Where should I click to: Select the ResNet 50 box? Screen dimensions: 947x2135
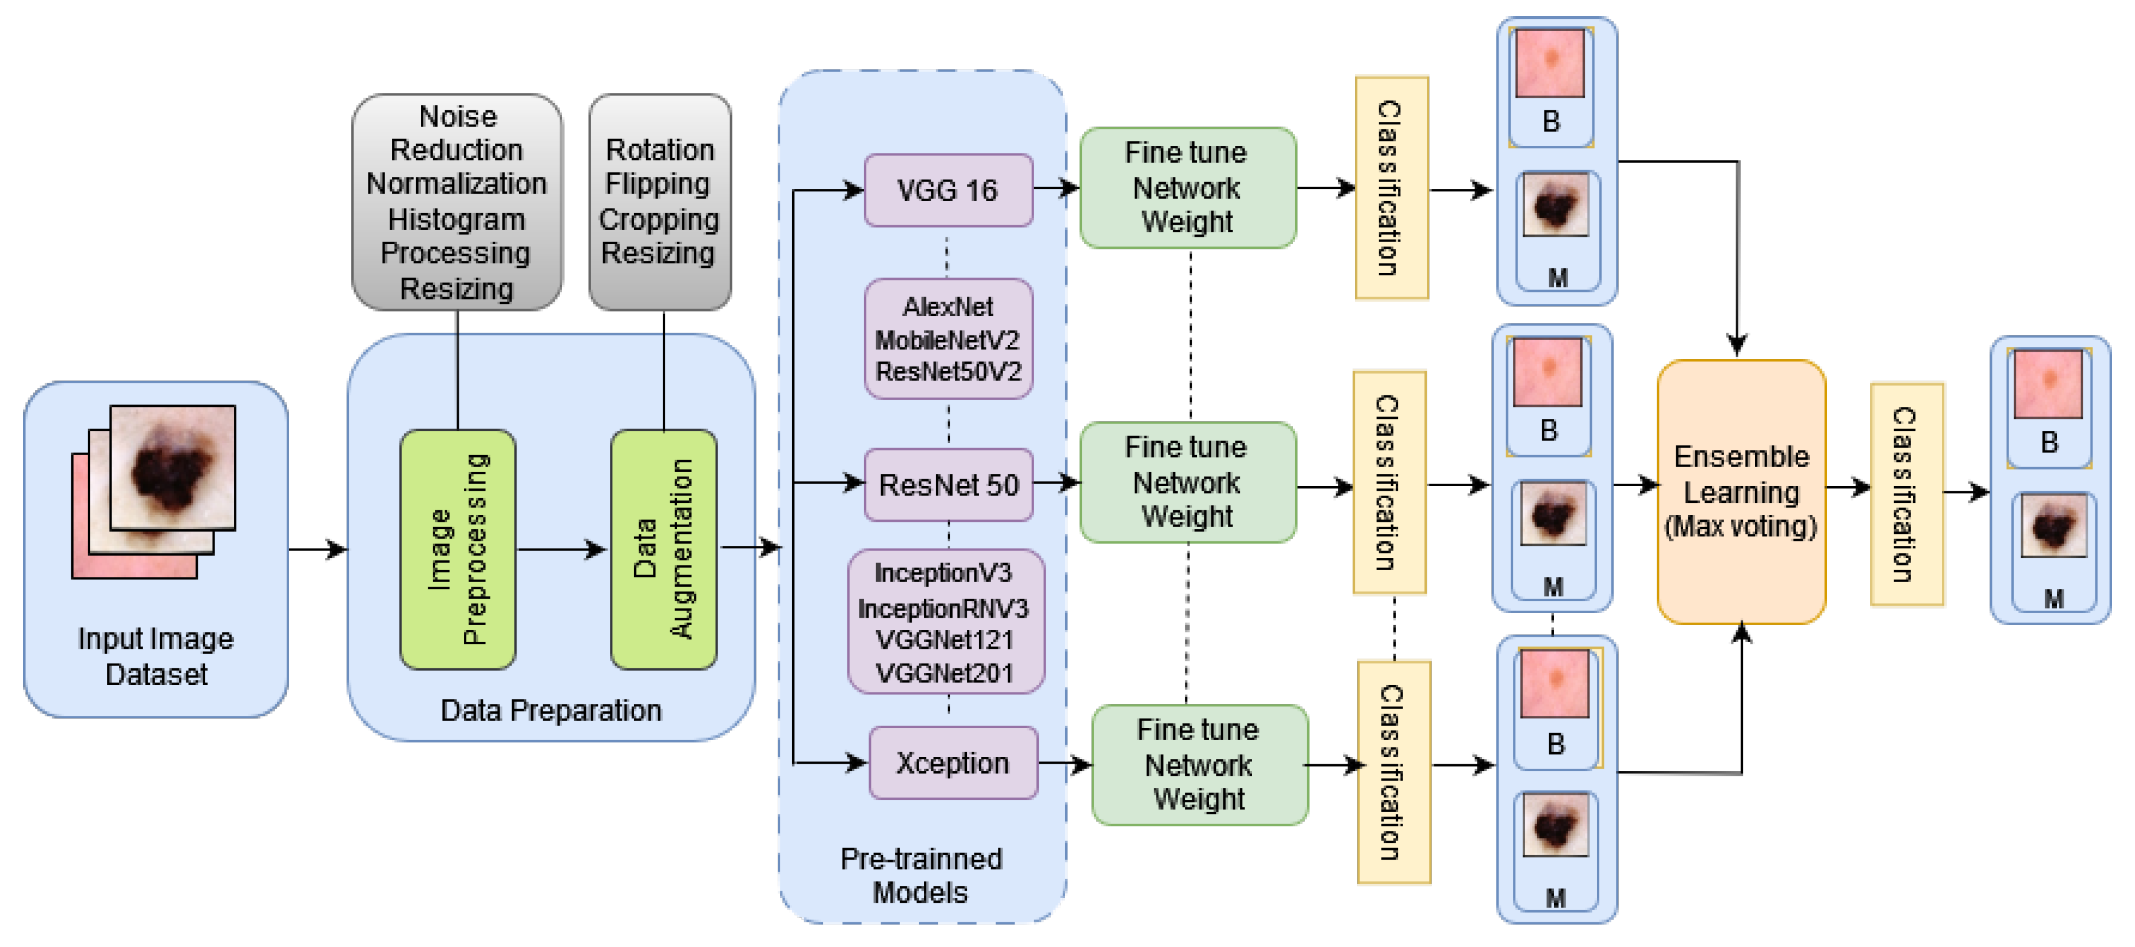pos(948,484)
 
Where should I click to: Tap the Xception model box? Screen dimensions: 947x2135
pos(953,762)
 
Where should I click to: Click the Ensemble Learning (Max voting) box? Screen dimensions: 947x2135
pos(1741,491)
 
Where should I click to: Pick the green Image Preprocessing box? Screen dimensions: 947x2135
pos(458,548)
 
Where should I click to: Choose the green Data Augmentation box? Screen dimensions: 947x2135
pos(663,548)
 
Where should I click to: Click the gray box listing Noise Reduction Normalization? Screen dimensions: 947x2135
pos(456,201)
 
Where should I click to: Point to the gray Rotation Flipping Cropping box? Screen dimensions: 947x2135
pos(660,201)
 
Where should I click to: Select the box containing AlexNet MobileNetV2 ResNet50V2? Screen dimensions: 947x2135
pos(948,339)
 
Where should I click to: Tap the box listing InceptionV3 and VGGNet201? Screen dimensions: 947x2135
pos(945,621)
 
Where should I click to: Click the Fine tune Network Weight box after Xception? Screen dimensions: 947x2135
pos(1199,764)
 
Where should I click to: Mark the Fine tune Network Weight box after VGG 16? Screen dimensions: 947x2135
pos(1187,187)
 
